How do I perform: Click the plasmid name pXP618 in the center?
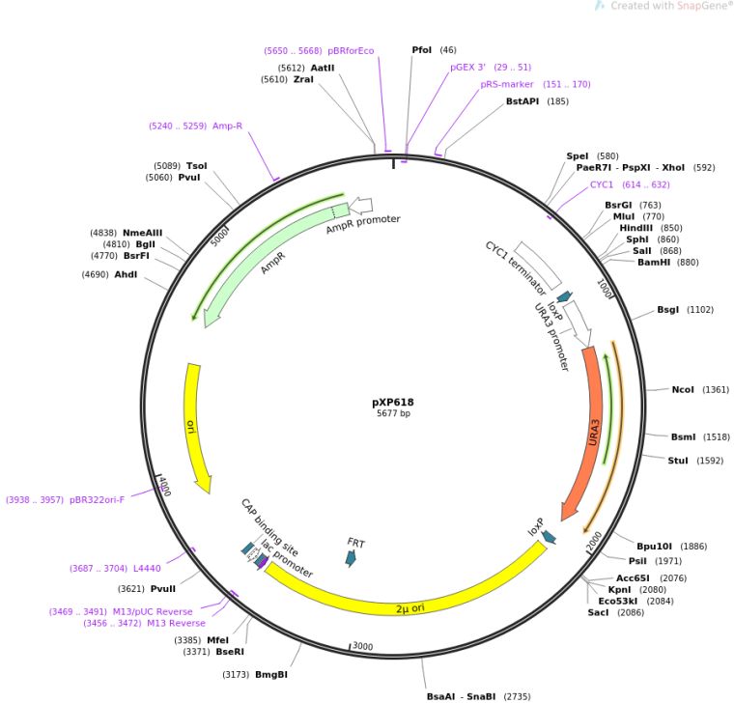(392, 402)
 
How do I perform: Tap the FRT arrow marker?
(352, 557)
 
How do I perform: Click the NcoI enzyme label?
(683, 390)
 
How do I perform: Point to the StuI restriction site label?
(679, 461)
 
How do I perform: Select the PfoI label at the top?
(422, 49)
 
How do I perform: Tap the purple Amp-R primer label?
(228, 126)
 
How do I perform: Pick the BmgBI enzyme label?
(269, 674)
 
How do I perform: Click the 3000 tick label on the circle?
(361, 646)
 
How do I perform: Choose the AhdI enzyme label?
(126, 275)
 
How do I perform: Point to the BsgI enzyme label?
(669, 310)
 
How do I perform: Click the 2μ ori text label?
(410, 607)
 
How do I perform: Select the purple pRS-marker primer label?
(507, 84)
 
